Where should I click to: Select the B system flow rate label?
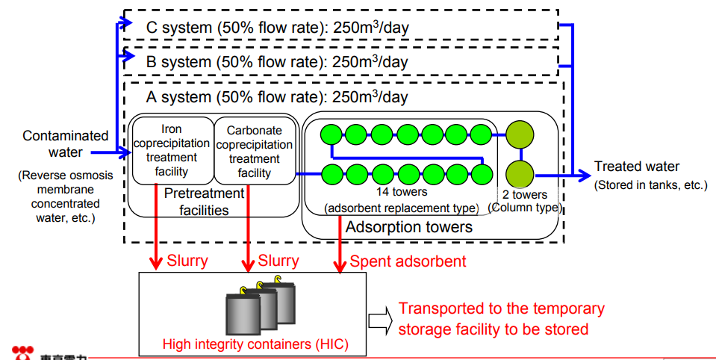(277, 62)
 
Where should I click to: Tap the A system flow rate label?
(277, 97)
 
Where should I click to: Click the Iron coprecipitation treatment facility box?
(172, 150)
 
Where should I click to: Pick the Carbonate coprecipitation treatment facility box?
(254, 151)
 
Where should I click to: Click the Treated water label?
(637, 167)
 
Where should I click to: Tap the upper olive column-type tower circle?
(520, 135)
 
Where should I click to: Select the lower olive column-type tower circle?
(520, 175)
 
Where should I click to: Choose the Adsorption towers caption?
(408, 226)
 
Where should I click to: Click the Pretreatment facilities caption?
(204, 202)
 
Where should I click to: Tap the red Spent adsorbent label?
(408, 261)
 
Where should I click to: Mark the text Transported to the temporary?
(502, 309)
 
